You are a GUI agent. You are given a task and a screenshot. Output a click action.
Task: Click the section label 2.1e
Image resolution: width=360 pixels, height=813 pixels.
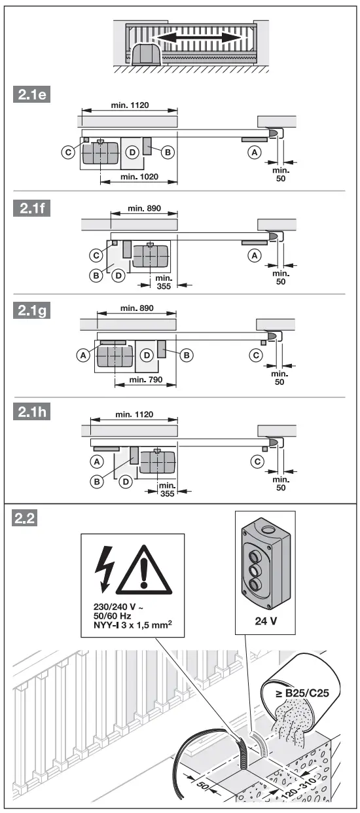tap(32, 95)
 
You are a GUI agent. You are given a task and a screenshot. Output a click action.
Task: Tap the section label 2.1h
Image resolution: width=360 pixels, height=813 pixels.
tap(32, 414)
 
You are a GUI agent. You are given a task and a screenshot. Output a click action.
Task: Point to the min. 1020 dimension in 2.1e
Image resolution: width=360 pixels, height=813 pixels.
tap(138, 177)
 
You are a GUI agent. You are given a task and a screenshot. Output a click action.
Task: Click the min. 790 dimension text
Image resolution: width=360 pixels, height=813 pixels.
tap(145, 379)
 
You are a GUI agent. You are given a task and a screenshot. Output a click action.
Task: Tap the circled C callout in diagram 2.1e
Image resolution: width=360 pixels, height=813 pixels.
tap(67, 151)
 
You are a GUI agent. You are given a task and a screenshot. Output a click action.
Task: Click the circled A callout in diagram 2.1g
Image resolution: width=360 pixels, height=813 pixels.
tap(82, 355)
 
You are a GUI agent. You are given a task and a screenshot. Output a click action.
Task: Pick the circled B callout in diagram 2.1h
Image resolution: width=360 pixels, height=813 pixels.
tap(97, 481)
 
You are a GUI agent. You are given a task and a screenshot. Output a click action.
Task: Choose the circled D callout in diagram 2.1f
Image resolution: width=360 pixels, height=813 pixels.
tap(118, 276)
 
